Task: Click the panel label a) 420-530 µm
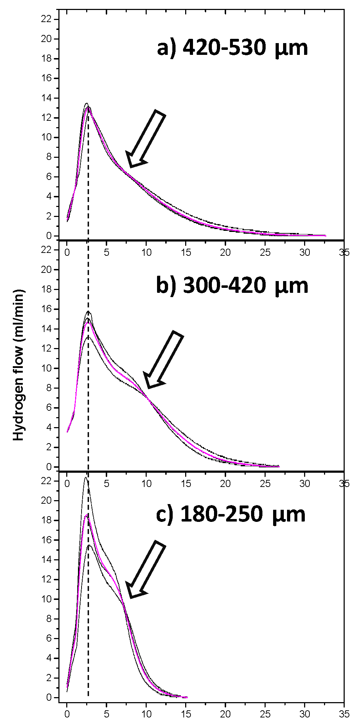[232, 48]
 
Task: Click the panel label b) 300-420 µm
[232, 286]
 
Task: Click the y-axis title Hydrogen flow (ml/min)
[19, 365]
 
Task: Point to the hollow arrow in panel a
[146, 139]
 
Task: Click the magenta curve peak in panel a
[88, 108]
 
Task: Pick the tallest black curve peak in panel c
[85, 477]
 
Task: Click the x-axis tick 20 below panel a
[225, 253]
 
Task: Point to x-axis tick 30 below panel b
[304, 483]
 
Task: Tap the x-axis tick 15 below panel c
[186, 714]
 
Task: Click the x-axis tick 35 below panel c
[344, 714]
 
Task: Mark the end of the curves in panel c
[187, 697]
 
